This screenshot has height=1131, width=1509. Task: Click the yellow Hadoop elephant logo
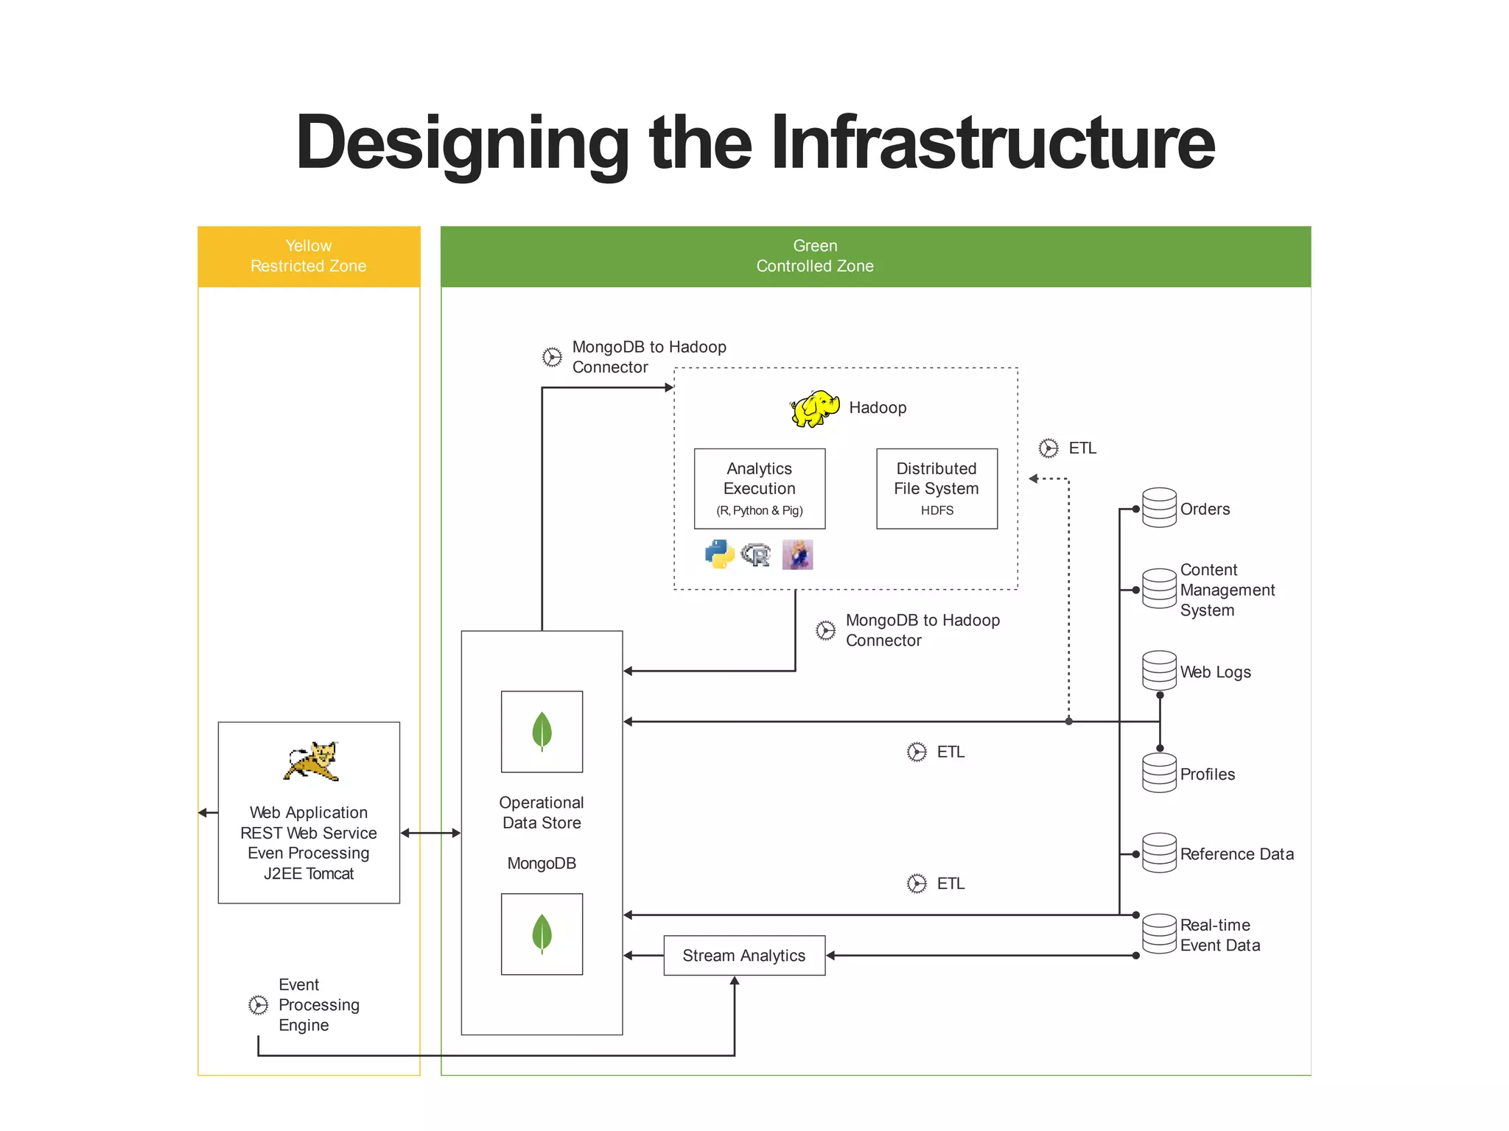point(814,409)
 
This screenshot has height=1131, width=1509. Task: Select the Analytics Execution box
point(759,488)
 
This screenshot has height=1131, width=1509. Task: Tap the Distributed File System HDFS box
point(936,488)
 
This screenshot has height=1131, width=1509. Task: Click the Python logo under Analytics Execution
point(719,554)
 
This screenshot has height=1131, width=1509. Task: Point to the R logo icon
point(756,554)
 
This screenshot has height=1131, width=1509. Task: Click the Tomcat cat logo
point(312,761)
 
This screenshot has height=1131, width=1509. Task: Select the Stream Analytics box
point(743,955)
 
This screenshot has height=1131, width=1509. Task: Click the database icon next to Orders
point(1159,508)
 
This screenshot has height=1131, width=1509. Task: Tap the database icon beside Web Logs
point(1159,670)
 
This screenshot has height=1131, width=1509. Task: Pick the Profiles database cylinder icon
point(1159,773)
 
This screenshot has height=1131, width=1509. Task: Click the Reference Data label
point(1236,854)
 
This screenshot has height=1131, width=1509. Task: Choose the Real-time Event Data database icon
point(1159,934)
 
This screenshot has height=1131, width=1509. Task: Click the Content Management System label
point(1227,590)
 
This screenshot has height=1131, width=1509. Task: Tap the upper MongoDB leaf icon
point(542,731)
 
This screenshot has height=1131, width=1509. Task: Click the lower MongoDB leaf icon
point(542,934)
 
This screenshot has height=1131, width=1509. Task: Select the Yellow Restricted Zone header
point(309,256)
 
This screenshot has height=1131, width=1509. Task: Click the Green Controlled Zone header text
point(815,256)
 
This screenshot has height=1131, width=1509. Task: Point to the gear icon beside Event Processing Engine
point(258,1005)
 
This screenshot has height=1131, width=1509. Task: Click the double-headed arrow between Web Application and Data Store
point(430,833)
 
